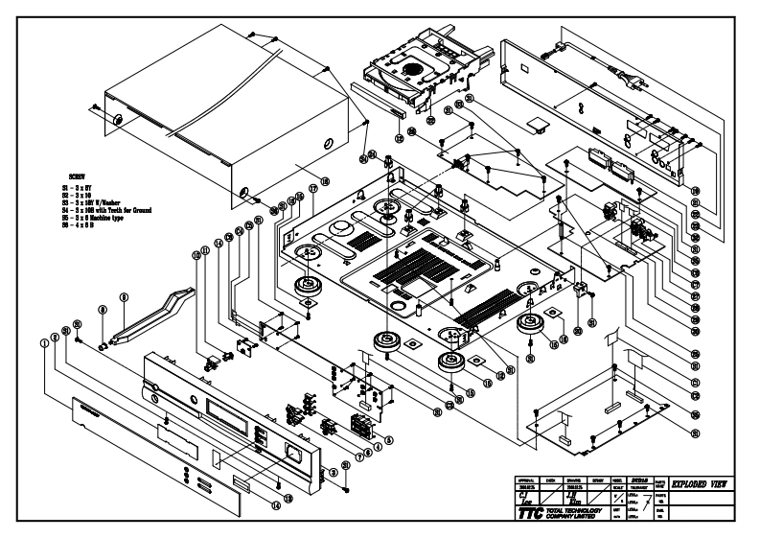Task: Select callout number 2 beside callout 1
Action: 54,335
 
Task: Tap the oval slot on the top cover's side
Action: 330,144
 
